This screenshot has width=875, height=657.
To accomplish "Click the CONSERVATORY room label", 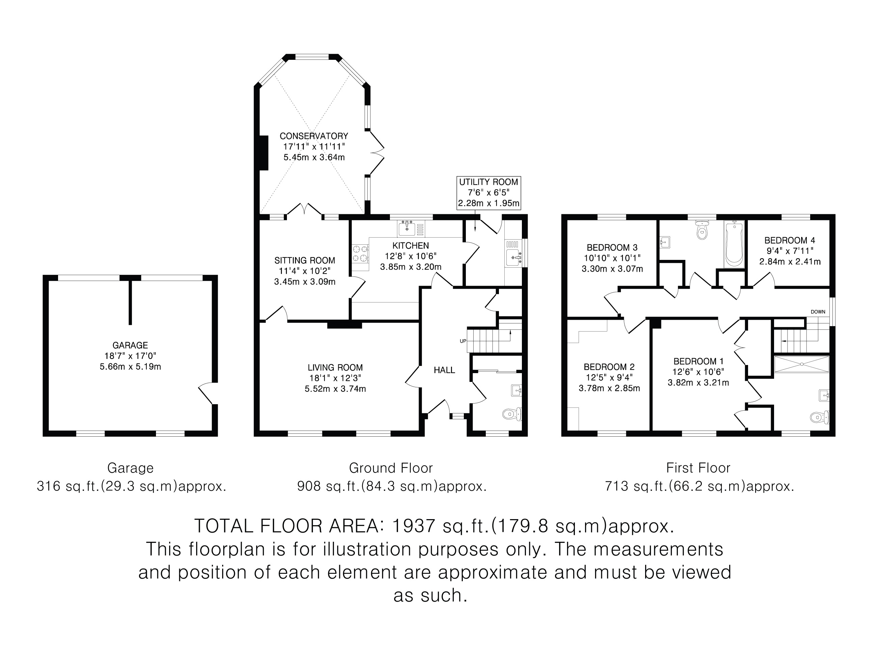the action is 314,136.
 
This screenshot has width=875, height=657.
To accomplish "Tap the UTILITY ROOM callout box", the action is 488,193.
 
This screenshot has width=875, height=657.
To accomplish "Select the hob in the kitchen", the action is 360,253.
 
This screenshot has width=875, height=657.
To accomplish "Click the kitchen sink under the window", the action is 407,228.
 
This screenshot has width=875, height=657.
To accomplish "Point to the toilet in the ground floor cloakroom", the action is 512,414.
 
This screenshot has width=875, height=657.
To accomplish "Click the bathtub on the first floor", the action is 734,244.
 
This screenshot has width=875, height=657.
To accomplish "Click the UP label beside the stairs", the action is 463,341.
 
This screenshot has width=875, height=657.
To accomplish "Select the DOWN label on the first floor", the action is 818,312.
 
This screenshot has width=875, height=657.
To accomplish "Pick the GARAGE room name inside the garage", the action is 130,345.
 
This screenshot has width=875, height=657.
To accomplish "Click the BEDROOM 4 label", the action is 790,240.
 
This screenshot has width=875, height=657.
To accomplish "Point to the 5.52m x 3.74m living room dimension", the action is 335,389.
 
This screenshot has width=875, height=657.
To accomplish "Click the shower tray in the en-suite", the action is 801,364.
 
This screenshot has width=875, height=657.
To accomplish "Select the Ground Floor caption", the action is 391,468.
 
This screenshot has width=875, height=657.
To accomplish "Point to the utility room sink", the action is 514,258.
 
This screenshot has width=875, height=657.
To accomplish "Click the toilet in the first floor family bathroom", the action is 702,230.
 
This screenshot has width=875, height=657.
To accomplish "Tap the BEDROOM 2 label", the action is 609,367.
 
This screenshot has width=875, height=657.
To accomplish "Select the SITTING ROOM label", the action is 304,260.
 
